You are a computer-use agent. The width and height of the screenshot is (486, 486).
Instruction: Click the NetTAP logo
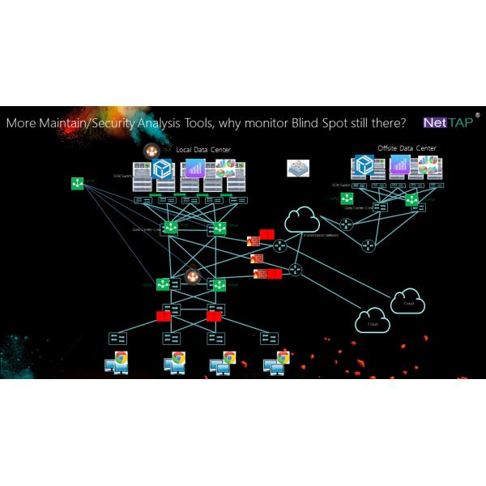[449, 122]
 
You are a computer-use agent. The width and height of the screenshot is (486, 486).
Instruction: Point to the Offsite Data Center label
[407, 148]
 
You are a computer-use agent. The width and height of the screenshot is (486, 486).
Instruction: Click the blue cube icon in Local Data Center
[164, 168]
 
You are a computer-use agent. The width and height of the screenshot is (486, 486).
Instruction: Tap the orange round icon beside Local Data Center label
[151, 150]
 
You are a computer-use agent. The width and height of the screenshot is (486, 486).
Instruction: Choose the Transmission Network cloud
[301, 220]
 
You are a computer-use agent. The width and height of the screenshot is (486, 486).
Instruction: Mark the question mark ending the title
[403, 124]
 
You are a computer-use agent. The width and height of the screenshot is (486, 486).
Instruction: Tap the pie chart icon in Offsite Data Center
[427, 165]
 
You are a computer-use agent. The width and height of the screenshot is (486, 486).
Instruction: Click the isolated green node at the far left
[77, 184]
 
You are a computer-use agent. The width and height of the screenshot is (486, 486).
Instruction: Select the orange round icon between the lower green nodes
[193, 277]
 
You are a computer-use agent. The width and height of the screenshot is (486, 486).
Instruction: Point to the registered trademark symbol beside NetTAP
[477, 116]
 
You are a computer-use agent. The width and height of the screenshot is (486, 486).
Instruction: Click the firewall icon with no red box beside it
[257, 259]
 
